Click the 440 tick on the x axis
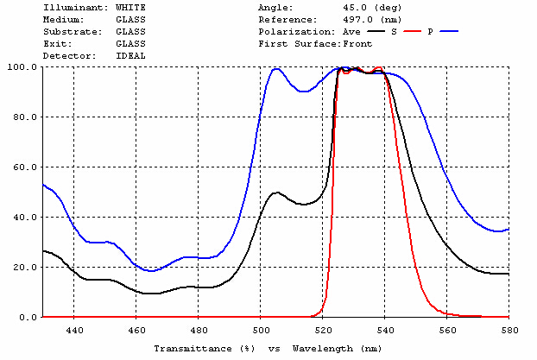click(x=74, y=330)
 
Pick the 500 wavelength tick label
click(x=261, y=330)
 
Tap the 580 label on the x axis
click(x=509, y=330)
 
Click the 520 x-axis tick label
click(x=323, y=330)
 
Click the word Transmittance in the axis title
click(x=187, y=348)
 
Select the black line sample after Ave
click(x=374, y=31)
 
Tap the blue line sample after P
click(x=449, y=31)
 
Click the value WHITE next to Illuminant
click(x=130, y=7)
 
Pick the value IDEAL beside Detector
click(x=130, y=55)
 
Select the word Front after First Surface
click(x=357, y=43)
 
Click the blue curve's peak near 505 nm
click(x=276, y=69)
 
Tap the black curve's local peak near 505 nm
click(x=276, y=193)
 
